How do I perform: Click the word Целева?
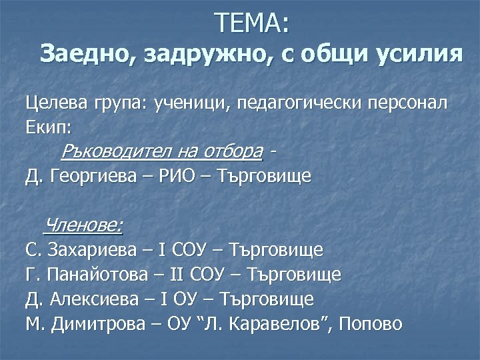tap(53, 104)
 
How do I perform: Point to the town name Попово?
tap(371, 324)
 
